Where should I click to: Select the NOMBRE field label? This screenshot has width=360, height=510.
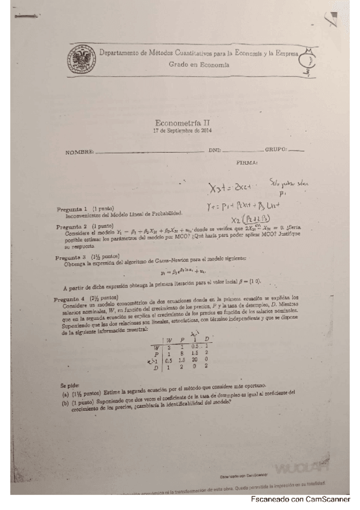(x=80, y=152)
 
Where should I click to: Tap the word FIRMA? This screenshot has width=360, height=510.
(x=248, y=162)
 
